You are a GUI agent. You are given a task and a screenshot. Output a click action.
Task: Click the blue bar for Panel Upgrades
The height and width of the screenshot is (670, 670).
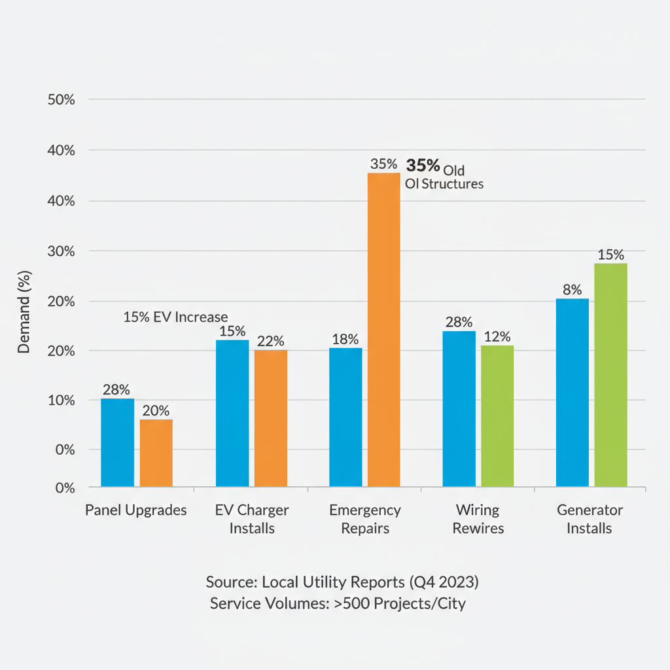(118, 442)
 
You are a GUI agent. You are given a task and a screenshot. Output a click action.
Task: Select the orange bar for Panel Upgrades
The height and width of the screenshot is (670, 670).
(156, 453)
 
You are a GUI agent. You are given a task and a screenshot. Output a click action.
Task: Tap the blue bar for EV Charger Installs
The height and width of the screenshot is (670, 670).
(232, 413)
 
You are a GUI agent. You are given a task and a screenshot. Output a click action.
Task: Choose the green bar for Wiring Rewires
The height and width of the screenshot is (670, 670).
(497, 415)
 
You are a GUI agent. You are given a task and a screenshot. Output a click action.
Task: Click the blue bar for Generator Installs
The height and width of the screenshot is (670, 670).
(573, 392)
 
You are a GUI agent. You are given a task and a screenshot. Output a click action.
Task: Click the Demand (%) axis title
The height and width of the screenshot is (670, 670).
(24, 312)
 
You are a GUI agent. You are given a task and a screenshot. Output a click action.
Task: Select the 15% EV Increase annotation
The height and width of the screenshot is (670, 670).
(175, 317)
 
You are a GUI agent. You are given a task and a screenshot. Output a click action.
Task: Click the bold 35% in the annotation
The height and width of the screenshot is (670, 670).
(423, 164)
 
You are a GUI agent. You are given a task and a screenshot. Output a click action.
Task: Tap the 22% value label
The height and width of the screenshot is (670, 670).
(270, 341)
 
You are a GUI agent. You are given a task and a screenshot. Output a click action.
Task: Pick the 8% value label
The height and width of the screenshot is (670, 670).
(573, 289)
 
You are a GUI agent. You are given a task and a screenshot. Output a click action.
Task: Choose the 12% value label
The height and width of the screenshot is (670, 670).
(497, 336)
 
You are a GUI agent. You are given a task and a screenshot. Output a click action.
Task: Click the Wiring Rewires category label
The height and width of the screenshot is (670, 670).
(478, 519)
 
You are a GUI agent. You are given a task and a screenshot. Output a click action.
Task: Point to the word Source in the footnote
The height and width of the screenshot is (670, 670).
(230, 582)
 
